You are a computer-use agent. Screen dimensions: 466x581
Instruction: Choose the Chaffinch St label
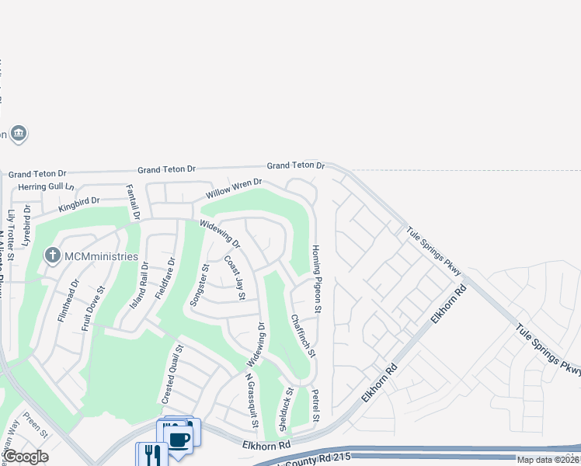coord(303,336)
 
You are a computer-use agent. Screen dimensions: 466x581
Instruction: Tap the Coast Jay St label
coord(235,278)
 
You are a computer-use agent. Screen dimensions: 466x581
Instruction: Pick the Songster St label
coord(200,285)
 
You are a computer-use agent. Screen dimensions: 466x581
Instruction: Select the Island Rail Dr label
coord(138,286)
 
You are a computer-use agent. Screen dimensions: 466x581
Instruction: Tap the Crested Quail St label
coord(172,374)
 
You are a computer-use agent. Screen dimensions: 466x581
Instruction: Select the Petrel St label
coord(315,405)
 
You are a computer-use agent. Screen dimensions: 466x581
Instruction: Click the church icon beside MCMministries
coord(53,255)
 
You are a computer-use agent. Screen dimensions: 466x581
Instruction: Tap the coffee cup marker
coord(179,438)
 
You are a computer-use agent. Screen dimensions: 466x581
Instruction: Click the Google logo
coord(25,457)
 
